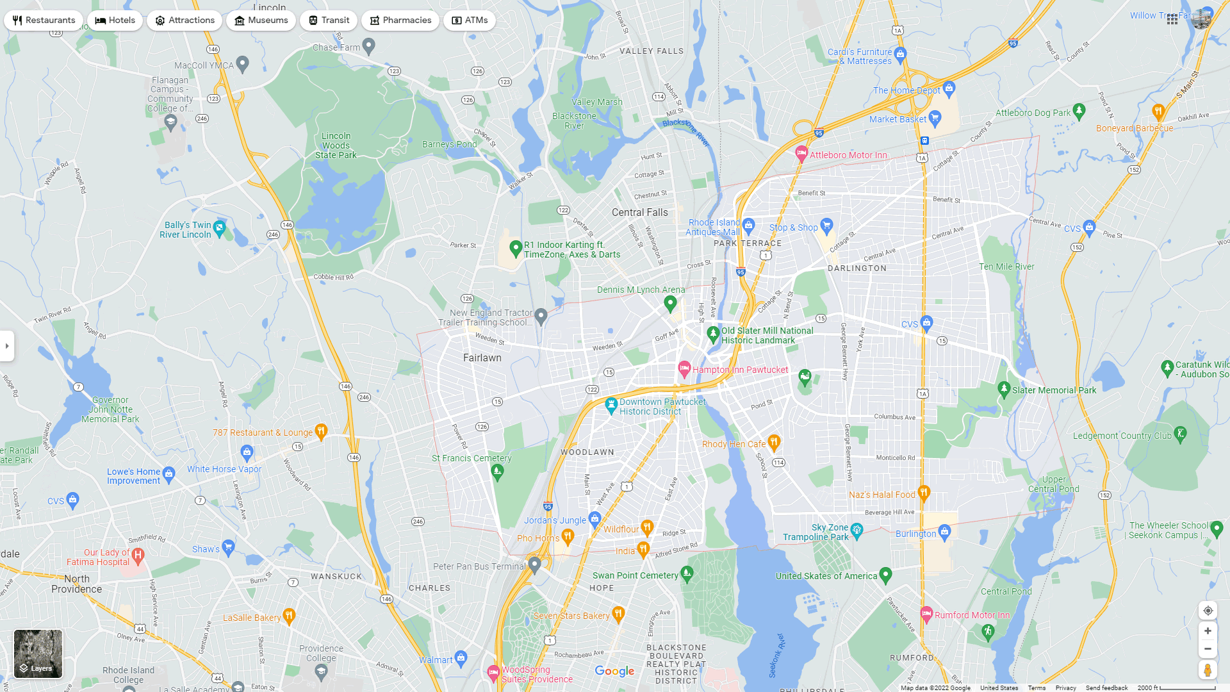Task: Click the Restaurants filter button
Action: coord(44,21)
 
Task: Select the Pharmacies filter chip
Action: coord(400,21)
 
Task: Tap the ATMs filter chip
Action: coord(469,21)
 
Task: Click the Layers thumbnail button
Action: coord(38,653)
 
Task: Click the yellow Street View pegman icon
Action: coord(1207,670)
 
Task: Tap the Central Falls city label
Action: coord(639,213)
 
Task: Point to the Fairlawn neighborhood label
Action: coord(482,358)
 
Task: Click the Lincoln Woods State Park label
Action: coord(336,145)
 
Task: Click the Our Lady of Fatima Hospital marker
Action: coord(138,554)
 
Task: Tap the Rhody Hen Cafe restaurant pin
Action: coord(774,441)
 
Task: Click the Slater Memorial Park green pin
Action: coord(1004,389)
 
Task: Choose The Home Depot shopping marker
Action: coord(949,88)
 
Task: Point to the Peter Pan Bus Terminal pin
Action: coord(535,564)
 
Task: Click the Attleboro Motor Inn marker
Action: coord(801,153)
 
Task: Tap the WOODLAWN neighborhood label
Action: coord(587,452)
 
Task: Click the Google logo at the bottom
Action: coord(614,671)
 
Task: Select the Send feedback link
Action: coord(1106,688)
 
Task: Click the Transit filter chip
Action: coord(329,21)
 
